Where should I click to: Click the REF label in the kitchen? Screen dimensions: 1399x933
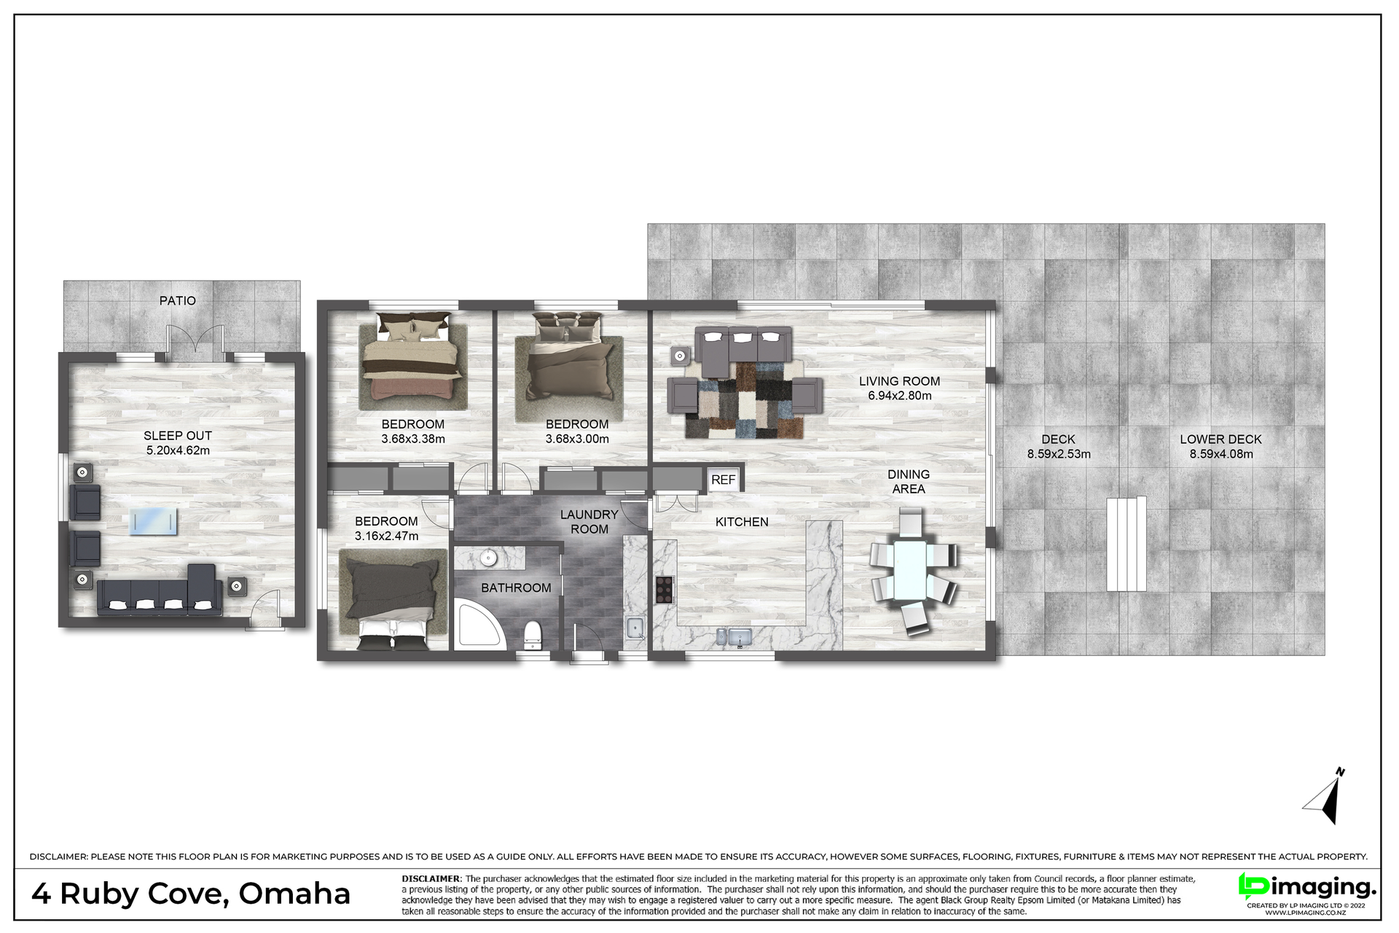click(723, 480)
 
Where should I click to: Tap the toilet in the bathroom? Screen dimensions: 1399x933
click(533, 634)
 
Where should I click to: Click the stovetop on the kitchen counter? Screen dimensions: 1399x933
click(664, 589)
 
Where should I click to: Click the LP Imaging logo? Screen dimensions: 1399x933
click(1307, 888)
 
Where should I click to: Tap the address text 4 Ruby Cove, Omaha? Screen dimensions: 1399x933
click(191, 894)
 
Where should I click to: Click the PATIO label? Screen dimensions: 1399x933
click(178, 300)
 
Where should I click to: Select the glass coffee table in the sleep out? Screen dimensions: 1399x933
click(153, 522)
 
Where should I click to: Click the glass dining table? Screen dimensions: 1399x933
click(910, 569)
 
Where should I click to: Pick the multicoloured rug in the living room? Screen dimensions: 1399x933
click(745, 400)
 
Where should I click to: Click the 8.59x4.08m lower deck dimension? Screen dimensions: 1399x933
click(1221, 454)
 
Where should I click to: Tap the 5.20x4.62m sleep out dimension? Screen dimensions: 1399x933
click(178, 450)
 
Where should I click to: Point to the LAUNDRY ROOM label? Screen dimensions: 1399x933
click(589, 522)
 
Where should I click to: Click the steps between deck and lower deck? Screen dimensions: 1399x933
click(1126, 544)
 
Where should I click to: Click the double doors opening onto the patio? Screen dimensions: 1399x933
click(195, 344)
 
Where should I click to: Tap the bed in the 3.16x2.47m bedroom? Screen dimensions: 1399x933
click(393, 599)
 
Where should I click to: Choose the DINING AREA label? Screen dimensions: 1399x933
click(909, 482)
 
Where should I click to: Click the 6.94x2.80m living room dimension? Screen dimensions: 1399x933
click(899, 396)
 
